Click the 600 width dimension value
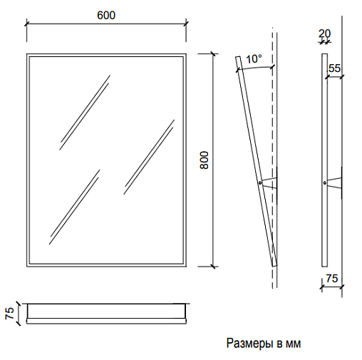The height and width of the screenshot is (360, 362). coord(106,15)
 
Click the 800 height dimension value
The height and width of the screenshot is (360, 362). coord(204,160)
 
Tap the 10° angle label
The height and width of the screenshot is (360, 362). coord(254,59)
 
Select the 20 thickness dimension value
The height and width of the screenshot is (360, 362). coord(324,34)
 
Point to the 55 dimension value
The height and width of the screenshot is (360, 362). coord(334,68)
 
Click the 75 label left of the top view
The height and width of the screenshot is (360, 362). coord(10,314)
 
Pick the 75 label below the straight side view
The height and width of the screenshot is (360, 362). coord(331,278)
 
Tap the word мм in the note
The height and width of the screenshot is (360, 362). coord(294,344)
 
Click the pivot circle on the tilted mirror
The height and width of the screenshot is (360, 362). coord(260,182)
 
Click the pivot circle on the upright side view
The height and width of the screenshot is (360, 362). coord(325,182)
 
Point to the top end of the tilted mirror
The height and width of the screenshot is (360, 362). coord(238,56)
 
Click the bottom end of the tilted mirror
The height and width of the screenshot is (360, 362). coord(274,266)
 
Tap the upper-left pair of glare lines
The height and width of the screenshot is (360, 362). coord(85,113)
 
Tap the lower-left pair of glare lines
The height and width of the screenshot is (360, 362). coord(75,207)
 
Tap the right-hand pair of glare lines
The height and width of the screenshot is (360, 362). coord(149,157)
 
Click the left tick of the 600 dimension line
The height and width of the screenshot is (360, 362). coord(26,24)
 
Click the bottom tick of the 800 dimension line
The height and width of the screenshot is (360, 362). coord(213,267)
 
